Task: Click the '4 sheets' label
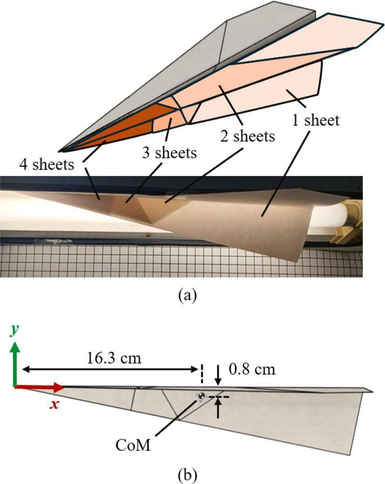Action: [47, 164]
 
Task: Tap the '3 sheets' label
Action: [169, 153]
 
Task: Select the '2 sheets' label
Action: [247, 136]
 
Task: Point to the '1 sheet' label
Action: [316, 120]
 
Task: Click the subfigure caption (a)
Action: [187, 295]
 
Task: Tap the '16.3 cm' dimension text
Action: [114, 358]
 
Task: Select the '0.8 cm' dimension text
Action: [252, 369]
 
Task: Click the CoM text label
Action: [133, 446]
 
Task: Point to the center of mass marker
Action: [201, 396]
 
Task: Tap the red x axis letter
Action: [54, 404]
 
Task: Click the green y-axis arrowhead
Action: [15, 347]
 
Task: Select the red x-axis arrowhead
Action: [58, 387]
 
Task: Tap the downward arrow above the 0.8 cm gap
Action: [218, 375]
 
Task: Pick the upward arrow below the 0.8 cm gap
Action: [218, 408]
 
